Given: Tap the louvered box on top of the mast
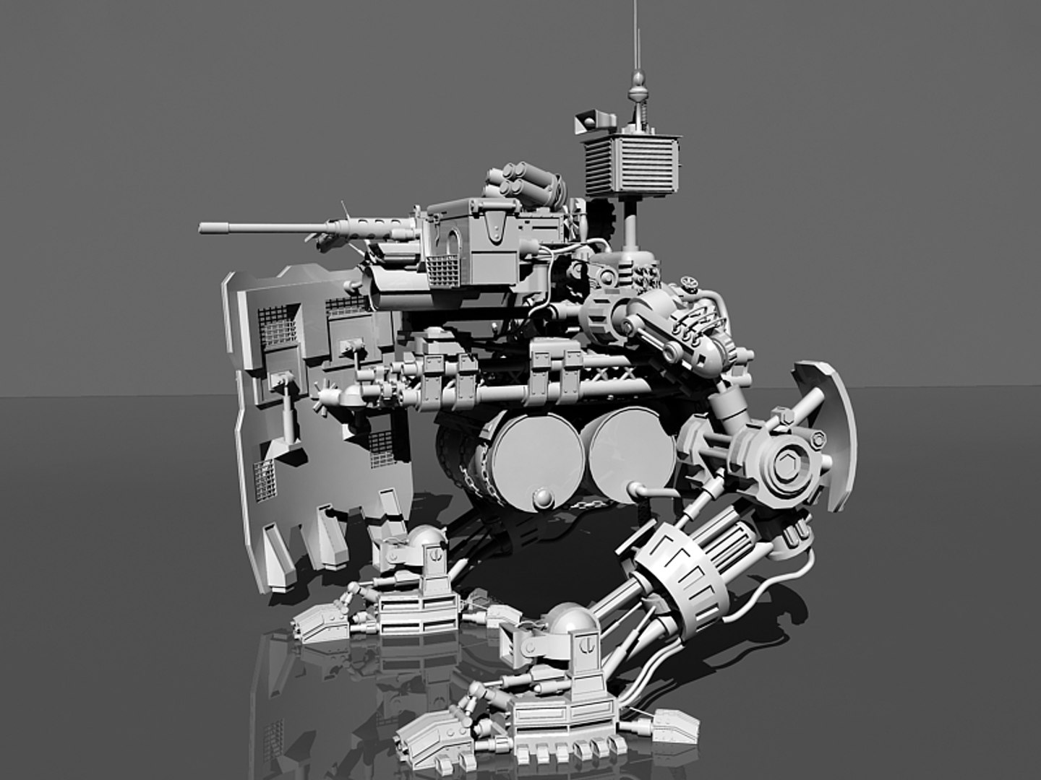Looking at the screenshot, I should click(x=632, y=165).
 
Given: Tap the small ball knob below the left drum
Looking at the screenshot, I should click(x=541, y=496).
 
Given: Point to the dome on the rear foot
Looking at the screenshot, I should click(x=426, y=537).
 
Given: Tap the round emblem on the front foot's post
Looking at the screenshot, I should click(x=590, y=640).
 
